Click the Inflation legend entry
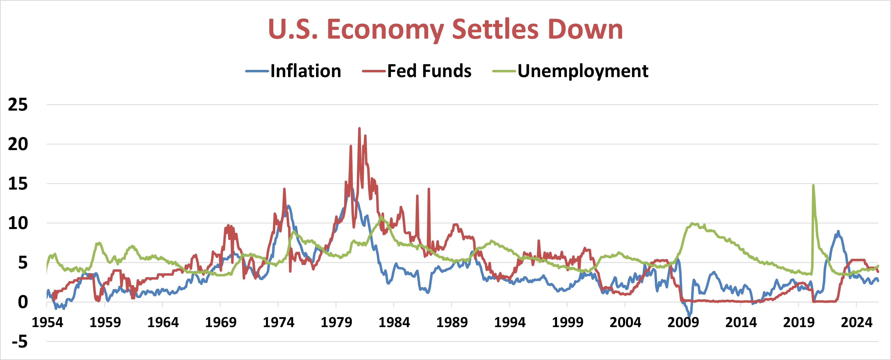(305, 71)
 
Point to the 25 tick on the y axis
(18, 105)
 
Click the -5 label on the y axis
(20, 342)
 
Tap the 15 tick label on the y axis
(18, 184)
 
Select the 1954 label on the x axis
(47, 322)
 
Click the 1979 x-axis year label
(336, 322)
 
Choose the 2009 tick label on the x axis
(683, 322)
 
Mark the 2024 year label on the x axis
(856, 322)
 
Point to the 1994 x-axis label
(510, 322)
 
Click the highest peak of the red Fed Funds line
(359, 128)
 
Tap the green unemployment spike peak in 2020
(813, 185)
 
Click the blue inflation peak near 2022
(838, 231)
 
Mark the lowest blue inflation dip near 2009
(690, 316)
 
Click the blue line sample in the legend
(257, 71)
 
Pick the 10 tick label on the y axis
(18, 223)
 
